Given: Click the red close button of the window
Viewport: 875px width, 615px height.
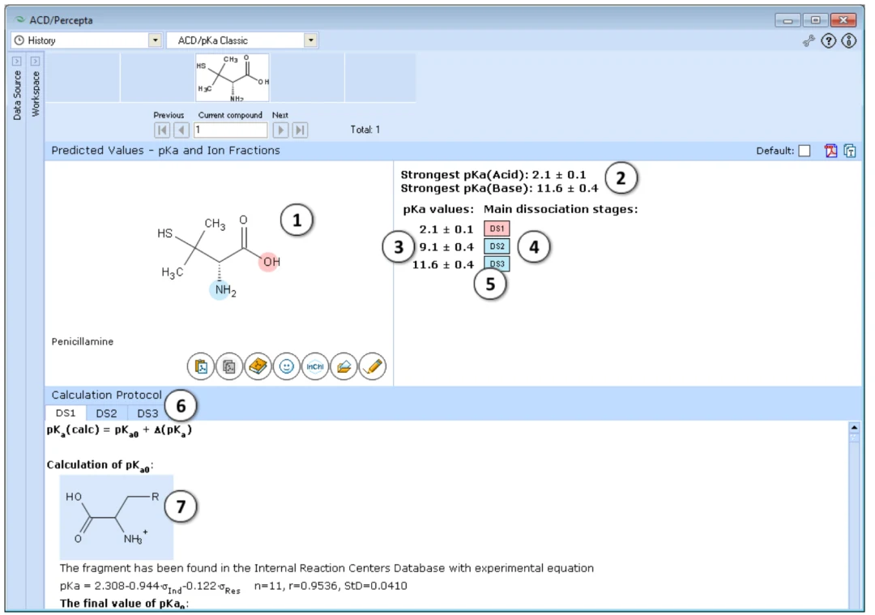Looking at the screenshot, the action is tap(843, 20).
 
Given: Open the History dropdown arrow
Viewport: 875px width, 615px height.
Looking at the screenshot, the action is tap(155, 41).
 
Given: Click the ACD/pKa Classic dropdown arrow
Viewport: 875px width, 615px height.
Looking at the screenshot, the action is tap(311, 41).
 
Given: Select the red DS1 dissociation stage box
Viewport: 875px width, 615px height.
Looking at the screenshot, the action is tap(497, 228).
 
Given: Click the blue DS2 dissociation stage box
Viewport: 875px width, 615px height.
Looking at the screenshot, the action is tap(497, 246).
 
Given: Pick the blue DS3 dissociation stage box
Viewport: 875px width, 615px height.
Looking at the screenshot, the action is tap(497, 264).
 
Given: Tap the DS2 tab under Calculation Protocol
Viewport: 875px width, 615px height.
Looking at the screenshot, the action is tap(106, 413).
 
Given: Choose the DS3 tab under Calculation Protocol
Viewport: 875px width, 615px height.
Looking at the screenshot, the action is tap(147, 413).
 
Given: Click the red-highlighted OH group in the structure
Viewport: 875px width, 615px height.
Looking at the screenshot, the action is tap(270, 262).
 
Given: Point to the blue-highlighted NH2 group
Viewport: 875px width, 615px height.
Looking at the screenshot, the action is tap(224, 290).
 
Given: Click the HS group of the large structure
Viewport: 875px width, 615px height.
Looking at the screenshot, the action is tap(165, 233).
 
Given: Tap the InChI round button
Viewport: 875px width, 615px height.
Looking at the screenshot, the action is tap(314, 367).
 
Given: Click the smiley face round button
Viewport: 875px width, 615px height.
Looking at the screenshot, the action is tap(286, 367).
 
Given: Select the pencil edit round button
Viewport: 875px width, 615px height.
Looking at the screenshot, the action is tap(372, 367).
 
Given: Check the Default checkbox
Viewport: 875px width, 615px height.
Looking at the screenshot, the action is tap(805, 151).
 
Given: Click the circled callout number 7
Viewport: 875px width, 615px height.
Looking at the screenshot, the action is tap(181, 506).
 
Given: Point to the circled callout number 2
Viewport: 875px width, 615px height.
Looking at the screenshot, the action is tap(621, 178).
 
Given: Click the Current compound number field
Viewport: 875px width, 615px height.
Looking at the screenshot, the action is tap(230, 130).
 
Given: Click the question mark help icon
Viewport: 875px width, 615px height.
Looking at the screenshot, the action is tap(829, 41).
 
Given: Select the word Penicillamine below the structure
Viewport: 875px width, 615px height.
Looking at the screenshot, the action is tap(83, 342).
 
